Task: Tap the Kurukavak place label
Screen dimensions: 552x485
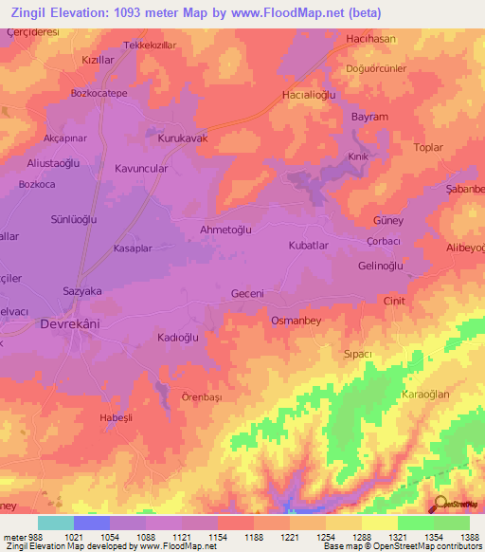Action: coord(182,138)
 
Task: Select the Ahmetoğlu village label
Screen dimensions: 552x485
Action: coord(225,229)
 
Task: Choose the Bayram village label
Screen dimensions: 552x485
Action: coord(369,117)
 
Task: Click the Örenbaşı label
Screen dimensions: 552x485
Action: coord(201,398)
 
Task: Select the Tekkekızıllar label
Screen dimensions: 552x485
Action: coord(151,45)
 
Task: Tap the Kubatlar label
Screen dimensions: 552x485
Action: coord(308,245)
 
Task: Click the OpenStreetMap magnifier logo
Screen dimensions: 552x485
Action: coord(440,505)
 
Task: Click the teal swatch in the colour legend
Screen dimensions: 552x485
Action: coord(56,523)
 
